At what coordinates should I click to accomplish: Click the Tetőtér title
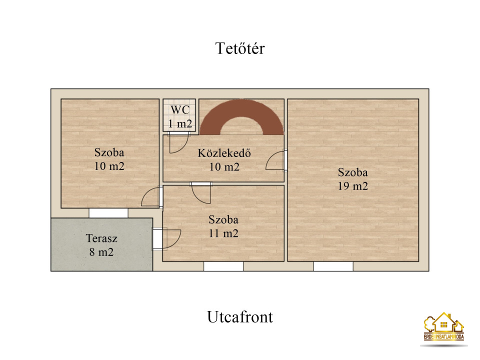pos(239,48)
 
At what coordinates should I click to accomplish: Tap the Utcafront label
pos(239,317)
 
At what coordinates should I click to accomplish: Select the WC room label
pos(180,109)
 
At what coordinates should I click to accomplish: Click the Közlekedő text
pos(224,153)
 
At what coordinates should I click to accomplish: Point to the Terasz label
pos(101,238)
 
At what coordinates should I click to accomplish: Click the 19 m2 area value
pos(352,186)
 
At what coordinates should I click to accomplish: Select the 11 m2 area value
pos(223,233)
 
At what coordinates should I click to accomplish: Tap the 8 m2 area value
pos(101,252)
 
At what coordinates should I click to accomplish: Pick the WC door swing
pos(178,142)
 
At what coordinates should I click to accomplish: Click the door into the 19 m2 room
pos(276,160)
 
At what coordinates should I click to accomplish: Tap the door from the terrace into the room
pos(167,239)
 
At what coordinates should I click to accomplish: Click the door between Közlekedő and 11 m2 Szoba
pos(201,193)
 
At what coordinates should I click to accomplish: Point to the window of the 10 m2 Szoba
pos(108,213)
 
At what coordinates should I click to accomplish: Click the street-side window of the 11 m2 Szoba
pos(223,266)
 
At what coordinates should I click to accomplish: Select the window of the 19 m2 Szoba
pos(333,266)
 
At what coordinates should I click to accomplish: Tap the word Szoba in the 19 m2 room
pos(352,172)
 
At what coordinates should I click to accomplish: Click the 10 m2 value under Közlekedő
pos(224,167)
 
